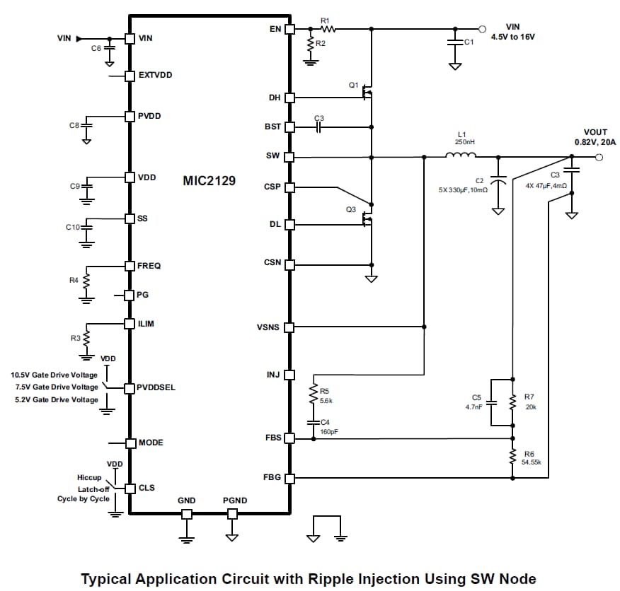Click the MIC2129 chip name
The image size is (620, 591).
coord(209,181)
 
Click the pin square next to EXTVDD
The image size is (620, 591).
coord(130,75)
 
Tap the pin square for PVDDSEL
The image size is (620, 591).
coord(130,388)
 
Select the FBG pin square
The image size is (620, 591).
coord(289,478)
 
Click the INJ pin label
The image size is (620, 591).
coord(273,375)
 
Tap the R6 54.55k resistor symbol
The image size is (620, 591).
coord(512,458)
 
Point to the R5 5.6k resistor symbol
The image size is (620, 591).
coord(313,394)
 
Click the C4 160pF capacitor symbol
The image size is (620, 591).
coord(313,422)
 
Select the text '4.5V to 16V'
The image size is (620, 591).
coord(512,37)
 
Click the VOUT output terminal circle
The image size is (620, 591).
coord(599,157)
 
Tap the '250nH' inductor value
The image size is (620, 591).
coord(464,142)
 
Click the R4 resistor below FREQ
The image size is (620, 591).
coord(86,281)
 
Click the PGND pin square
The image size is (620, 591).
coord(232,514)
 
